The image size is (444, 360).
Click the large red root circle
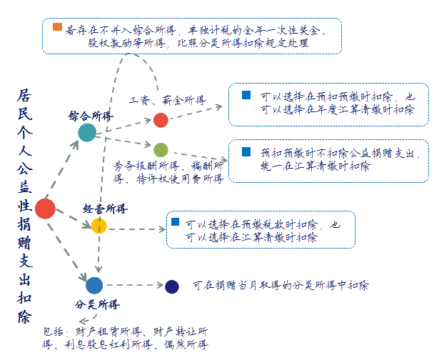(x=45, y=209)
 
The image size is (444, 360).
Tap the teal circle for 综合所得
(x=87, y=133)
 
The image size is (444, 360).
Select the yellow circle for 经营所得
(x=99, y=226)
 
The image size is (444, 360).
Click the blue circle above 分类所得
(x=94, y=286)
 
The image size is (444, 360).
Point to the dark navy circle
(x=172, y=286)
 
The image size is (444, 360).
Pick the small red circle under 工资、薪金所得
(x=161, y=120)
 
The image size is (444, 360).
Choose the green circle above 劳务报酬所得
(x=161, y=150)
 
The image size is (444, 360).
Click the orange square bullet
(x=57, y=27)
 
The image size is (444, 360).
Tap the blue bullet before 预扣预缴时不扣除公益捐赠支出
(x=246, y=152)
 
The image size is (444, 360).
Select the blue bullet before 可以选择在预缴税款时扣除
(x=176, y=221)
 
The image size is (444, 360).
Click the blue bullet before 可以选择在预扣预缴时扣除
(x=246, y=95)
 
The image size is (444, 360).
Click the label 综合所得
(x=91, y=116)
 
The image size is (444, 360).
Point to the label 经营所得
(x=105, y=209)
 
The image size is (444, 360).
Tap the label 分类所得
(x=97, y=304)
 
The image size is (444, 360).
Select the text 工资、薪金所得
(x=168, y=100)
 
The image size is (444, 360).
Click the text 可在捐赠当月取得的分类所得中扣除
(x=281, y=285)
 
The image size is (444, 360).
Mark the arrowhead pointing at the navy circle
(x=161, y=285)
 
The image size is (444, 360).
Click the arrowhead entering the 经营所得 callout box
(x=163, y=229)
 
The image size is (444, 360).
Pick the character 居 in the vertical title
(x=25, y=96)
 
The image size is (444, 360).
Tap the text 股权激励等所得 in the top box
(x=126, y=43)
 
